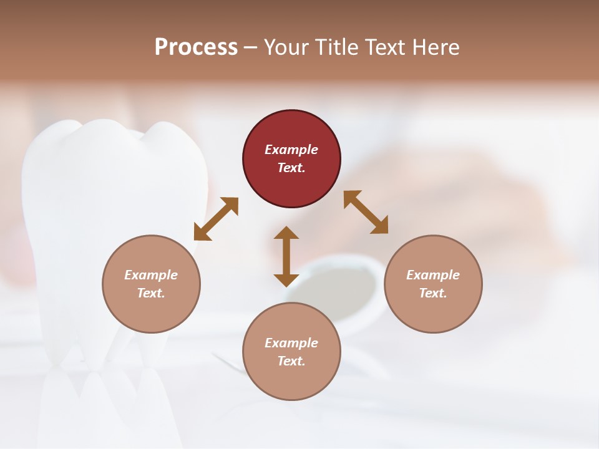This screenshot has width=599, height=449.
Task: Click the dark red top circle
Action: pyautogui.click(x=291, y=159)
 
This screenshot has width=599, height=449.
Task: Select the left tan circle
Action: pyautogui.click(x=151, y=284)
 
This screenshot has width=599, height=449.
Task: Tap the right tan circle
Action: pyautogui.click(x=433, y=284)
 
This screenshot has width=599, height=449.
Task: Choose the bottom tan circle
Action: pyautogui.click(x=291, y=352)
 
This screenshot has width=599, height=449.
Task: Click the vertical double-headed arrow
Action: pyautogui.click(x=286, y=256)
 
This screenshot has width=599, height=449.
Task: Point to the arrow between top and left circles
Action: pyautogui.click(x=216, y=218)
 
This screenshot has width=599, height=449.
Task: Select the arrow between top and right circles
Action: pyautogui.click(x=366, y=212)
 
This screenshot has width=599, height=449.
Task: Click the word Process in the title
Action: pyautogui.click(x=196, y=47)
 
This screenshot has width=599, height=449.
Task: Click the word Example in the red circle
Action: pyautogui.click(x=291, y=150)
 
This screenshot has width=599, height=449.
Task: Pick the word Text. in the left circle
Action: pyautogui.click(x=151, y=293)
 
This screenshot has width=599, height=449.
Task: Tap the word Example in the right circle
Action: pyautogui.click(x=433, y=275)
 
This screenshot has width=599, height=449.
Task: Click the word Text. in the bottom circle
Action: pyautogui.click(x=291, y=361)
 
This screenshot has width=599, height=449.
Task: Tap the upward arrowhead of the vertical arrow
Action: pyautogui.click(x=286, y=233)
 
